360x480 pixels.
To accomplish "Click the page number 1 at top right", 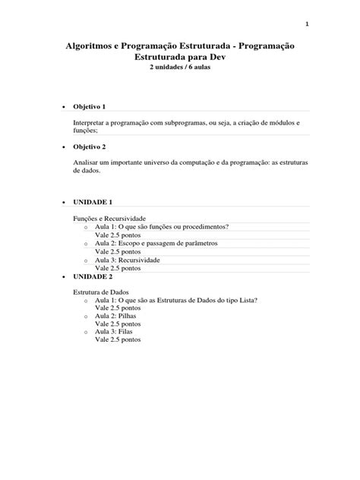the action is (307, 24).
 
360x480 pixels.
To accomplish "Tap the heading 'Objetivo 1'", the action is (90, 107).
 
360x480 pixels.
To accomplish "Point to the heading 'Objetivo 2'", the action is (90, 147).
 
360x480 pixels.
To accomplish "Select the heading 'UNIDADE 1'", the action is (93, 203).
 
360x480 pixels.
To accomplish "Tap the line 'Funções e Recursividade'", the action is (109, 218).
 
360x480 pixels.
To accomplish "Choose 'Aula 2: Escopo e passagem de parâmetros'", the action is (156, 243).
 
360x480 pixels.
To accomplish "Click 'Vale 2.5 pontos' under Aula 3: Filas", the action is (118, 340).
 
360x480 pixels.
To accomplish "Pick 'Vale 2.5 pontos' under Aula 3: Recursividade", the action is (118, 268).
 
